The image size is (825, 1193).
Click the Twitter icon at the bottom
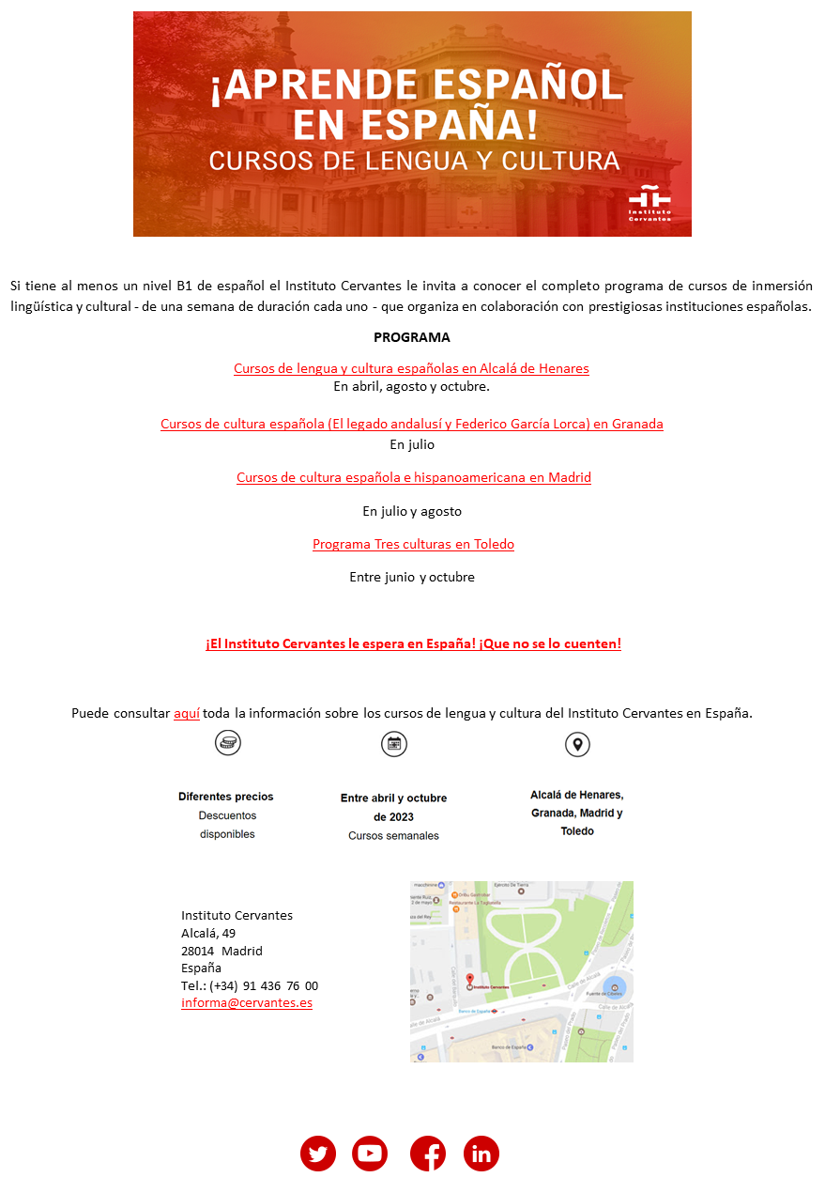coord(318,1154)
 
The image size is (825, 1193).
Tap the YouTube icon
coord(370,1154)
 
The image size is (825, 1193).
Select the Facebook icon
coord(428,1154)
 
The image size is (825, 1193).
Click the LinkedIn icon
coord(481,1154)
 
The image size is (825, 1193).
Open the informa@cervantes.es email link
coord(247,1003)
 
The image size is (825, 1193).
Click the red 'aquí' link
coord(187,713)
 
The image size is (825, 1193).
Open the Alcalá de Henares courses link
coord(411,368)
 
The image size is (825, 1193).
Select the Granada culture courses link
coord(411,424)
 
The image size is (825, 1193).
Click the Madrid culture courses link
coord(413,477)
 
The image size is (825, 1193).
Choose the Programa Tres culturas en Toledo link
coord(413,544)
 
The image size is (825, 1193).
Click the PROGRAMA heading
coord(411,337)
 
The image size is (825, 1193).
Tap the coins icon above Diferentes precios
coord(228,743)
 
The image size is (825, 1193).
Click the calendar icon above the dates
coord(394,744)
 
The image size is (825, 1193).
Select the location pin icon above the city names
coord(577,744)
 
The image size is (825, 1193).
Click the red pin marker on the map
coord(469,981)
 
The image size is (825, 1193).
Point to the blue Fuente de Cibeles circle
coord(614,988)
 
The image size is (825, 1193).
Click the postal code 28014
coord(198,951)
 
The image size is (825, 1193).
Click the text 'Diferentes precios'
coord(226,797)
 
